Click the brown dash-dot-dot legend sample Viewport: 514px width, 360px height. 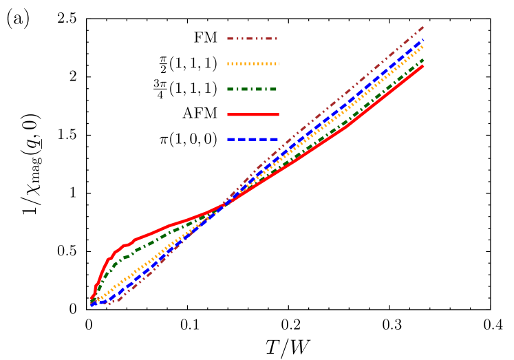(x=253, y=39)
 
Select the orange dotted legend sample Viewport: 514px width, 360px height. (x=253, y=64)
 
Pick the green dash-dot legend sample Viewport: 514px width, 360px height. (x=253, y=89)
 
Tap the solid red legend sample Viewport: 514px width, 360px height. (x=253, y=114)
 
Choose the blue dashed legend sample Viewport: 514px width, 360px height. (x=253, y=140)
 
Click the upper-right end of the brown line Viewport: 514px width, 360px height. (x=423, y=27)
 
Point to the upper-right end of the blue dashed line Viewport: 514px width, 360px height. (x=423, y=40)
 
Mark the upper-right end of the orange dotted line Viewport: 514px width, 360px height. (x=423, y=46)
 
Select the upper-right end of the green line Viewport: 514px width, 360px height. (x=423, y=60)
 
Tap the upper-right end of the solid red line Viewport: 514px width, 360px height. (x=423, y=66)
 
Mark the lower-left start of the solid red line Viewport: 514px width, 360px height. (x=91, y=299)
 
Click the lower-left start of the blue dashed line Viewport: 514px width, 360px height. (x=91, y=304)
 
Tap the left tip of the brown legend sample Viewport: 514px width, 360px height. (x=228, y=39)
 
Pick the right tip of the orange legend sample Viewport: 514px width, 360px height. (x=278, y=64)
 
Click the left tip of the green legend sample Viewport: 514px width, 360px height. (x=228, y=89)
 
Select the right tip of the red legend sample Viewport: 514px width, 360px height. (x=279, y=114)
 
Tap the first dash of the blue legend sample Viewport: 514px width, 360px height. (x=231, y=140)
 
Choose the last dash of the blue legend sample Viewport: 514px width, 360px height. (x=273, y=140)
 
